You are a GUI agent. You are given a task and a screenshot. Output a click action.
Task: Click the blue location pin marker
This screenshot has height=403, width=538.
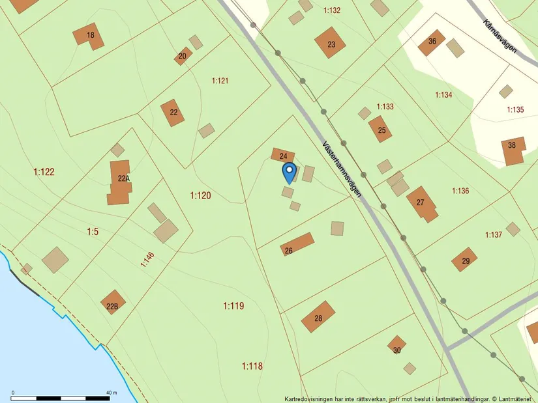click(x=289, y=173)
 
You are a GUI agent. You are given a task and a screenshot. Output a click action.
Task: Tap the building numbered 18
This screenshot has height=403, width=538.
click(x=89, y=35)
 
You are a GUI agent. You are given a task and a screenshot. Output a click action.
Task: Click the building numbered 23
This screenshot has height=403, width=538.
click(x=330, y=43)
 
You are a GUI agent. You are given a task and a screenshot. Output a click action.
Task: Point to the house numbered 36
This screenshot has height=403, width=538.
click(x=432, y=42)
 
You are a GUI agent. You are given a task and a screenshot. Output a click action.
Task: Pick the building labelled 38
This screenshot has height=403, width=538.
click(x=513, y=150)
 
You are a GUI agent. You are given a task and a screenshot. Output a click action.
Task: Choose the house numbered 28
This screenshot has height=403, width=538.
click(x=318, y=317)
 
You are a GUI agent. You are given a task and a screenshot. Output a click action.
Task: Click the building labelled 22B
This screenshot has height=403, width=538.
click(x=113, y=303)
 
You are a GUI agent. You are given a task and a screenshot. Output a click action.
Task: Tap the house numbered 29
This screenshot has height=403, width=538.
click(x=464, y=259)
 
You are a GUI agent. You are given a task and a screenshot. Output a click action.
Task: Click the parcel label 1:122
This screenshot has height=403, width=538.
click(x=44, y=172)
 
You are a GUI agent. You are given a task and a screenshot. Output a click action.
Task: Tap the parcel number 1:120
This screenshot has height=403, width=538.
click(x=200, y=195)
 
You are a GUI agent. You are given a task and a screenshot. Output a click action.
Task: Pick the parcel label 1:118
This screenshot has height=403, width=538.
click(x=252, y=366)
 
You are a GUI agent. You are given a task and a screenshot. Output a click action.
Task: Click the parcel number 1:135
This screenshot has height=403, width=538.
click(x=515, y=109)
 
